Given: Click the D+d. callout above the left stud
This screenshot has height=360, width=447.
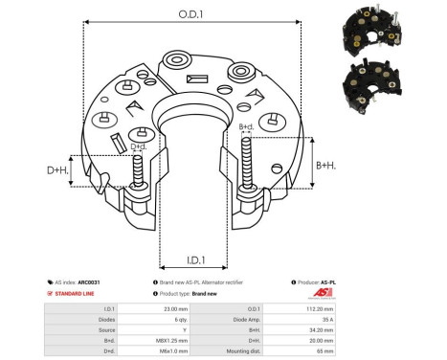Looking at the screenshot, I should [139, 146].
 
